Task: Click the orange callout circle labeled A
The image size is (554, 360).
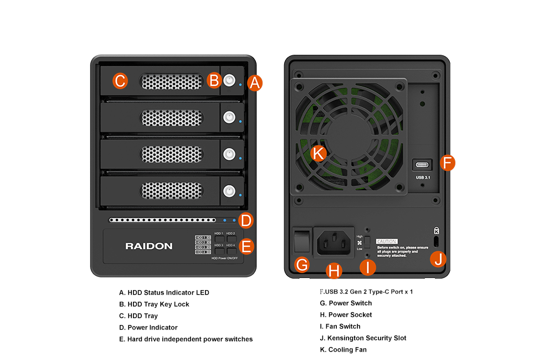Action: point(254,83)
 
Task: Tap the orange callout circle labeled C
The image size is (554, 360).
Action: point(120,81)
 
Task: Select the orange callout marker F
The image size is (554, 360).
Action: point(448,163)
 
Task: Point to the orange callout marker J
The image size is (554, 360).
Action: point(438,259)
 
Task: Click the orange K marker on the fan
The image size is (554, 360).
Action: point(319,153)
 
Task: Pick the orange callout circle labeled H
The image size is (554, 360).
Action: point(334,271)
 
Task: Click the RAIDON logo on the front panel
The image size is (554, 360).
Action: point(148,246)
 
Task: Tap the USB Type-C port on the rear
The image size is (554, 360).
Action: point(423,165)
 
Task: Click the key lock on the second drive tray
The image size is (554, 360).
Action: point(229,117)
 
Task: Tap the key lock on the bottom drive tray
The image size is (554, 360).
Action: point(229,192)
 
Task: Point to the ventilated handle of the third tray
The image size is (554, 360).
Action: point(172,154)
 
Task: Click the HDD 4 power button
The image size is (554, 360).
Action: point(231,251)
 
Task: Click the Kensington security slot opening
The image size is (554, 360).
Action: point(437,241)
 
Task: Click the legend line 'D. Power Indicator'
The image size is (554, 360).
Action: point(148,327)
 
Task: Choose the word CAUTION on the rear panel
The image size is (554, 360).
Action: point(387,241)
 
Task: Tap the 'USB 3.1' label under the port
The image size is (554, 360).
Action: point(423,177)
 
